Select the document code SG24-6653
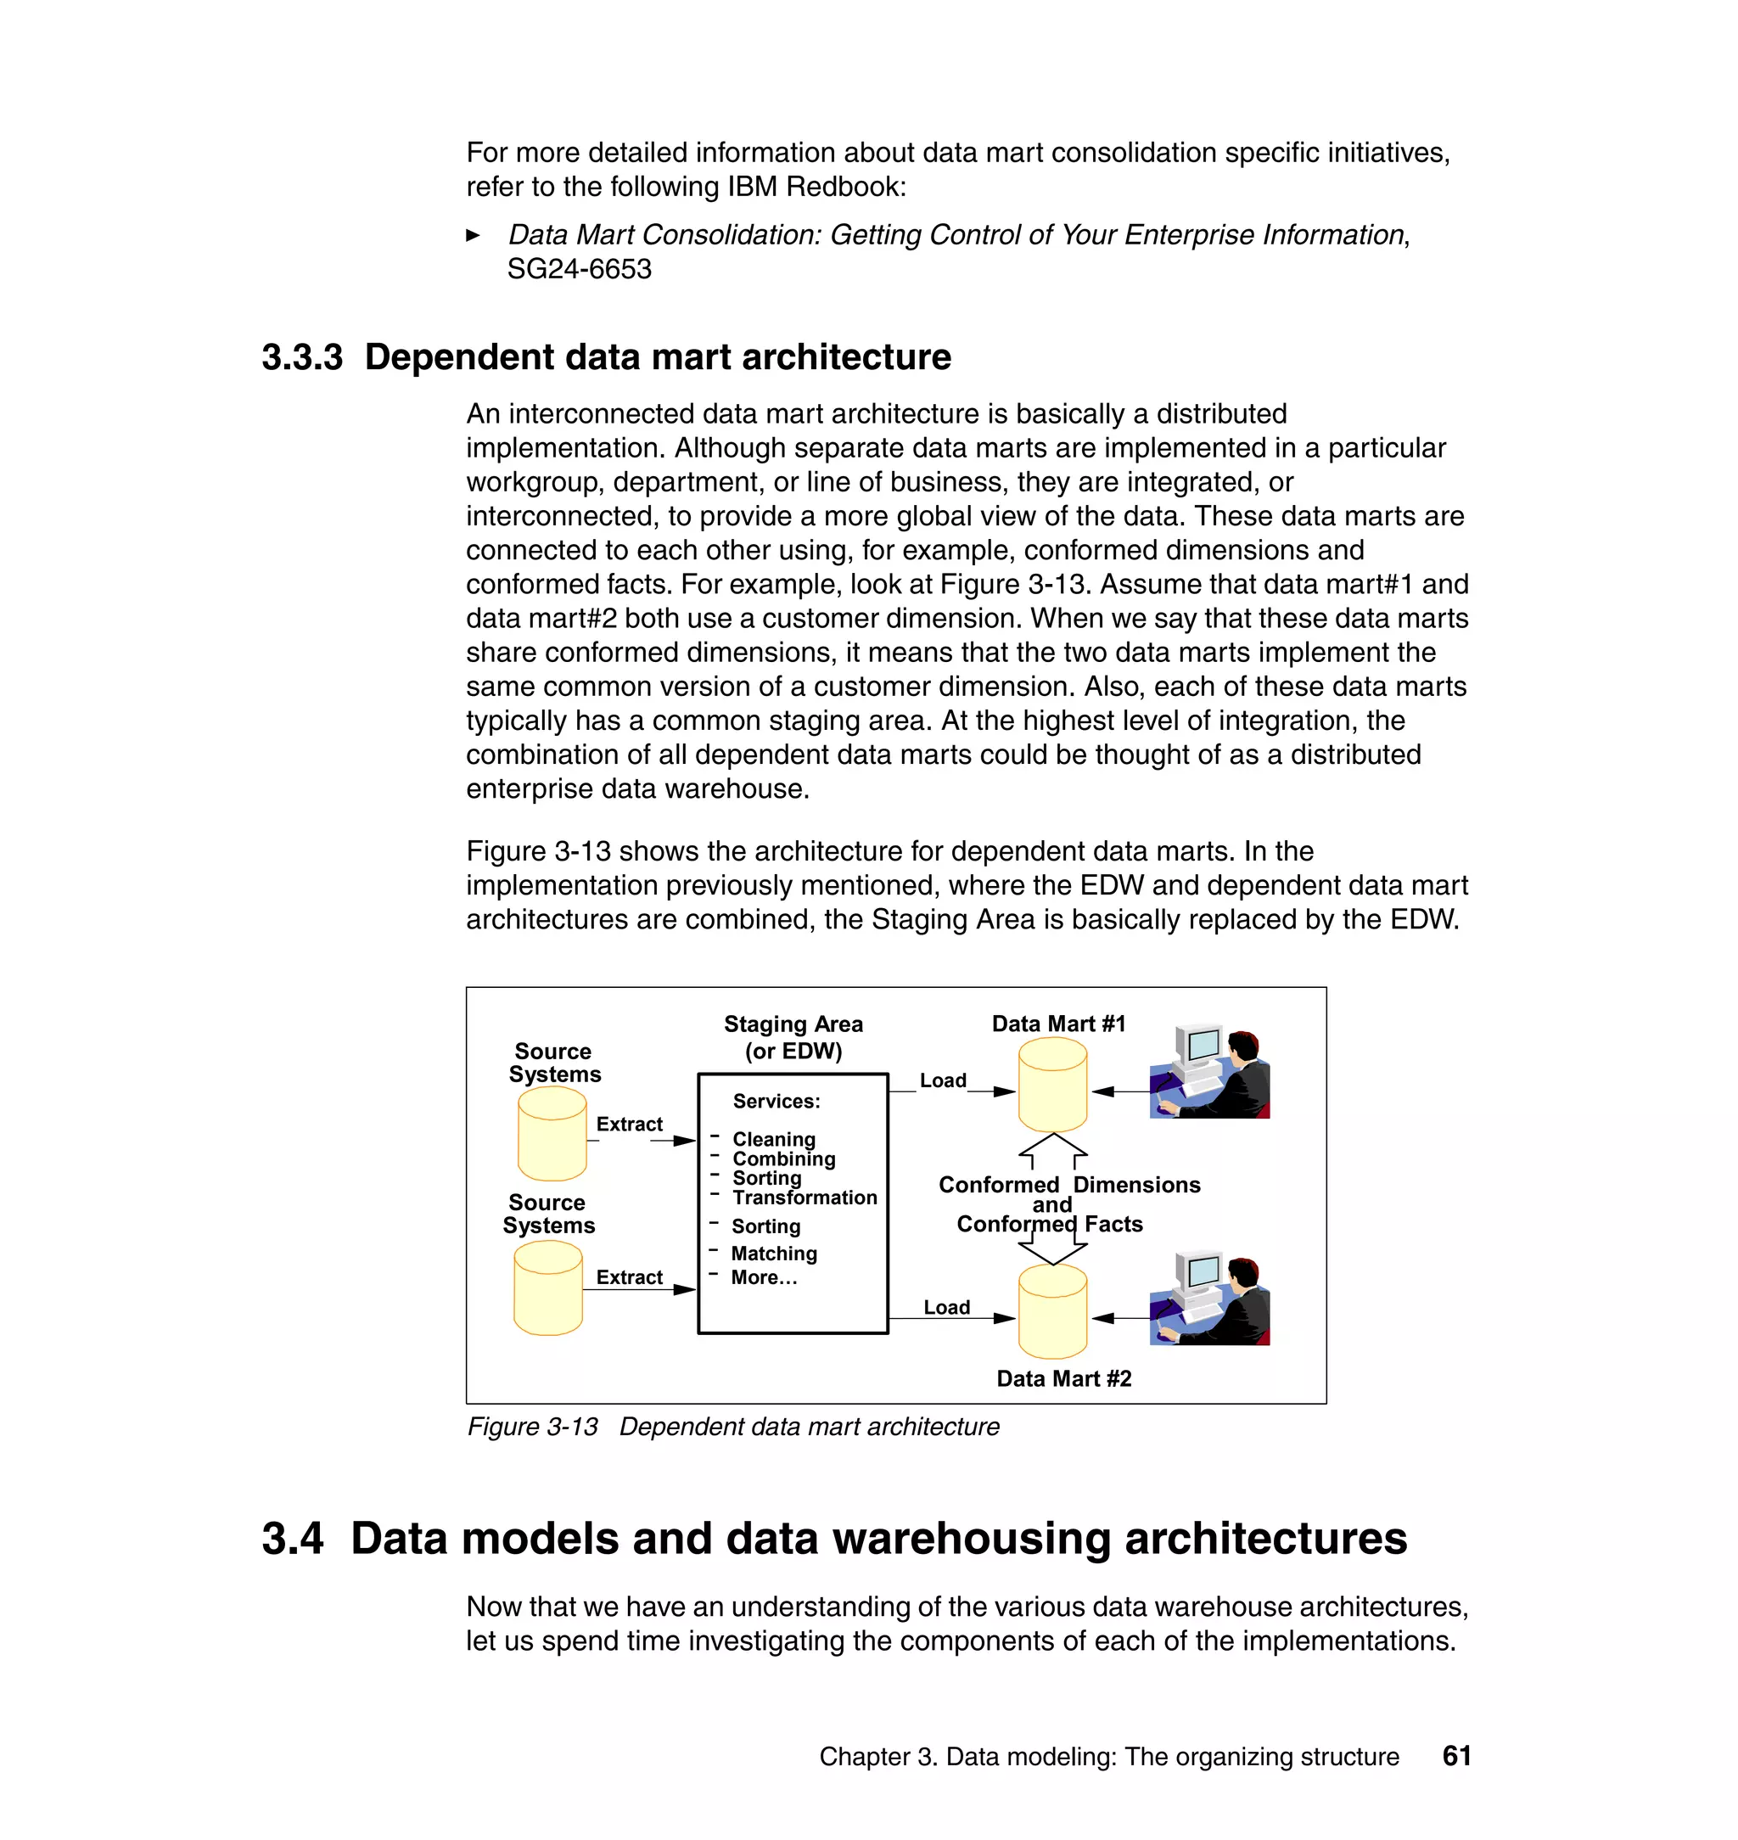579,269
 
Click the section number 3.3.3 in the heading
302,356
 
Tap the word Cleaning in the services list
774,1139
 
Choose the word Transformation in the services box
805,1197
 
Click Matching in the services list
774,1254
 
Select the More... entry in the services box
764,1277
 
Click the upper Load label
942,1080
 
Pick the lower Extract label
629,1276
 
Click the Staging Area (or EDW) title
793,1037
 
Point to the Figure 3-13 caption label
533,1426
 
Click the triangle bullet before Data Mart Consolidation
473,235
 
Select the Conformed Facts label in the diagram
1050,1224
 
